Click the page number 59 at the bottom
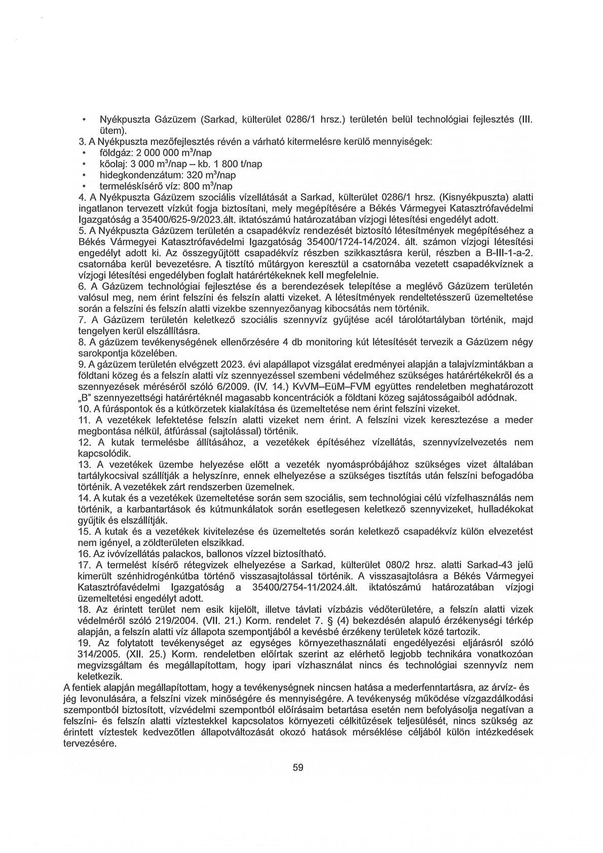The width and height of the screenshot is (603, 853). click(x=298, y=782)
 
